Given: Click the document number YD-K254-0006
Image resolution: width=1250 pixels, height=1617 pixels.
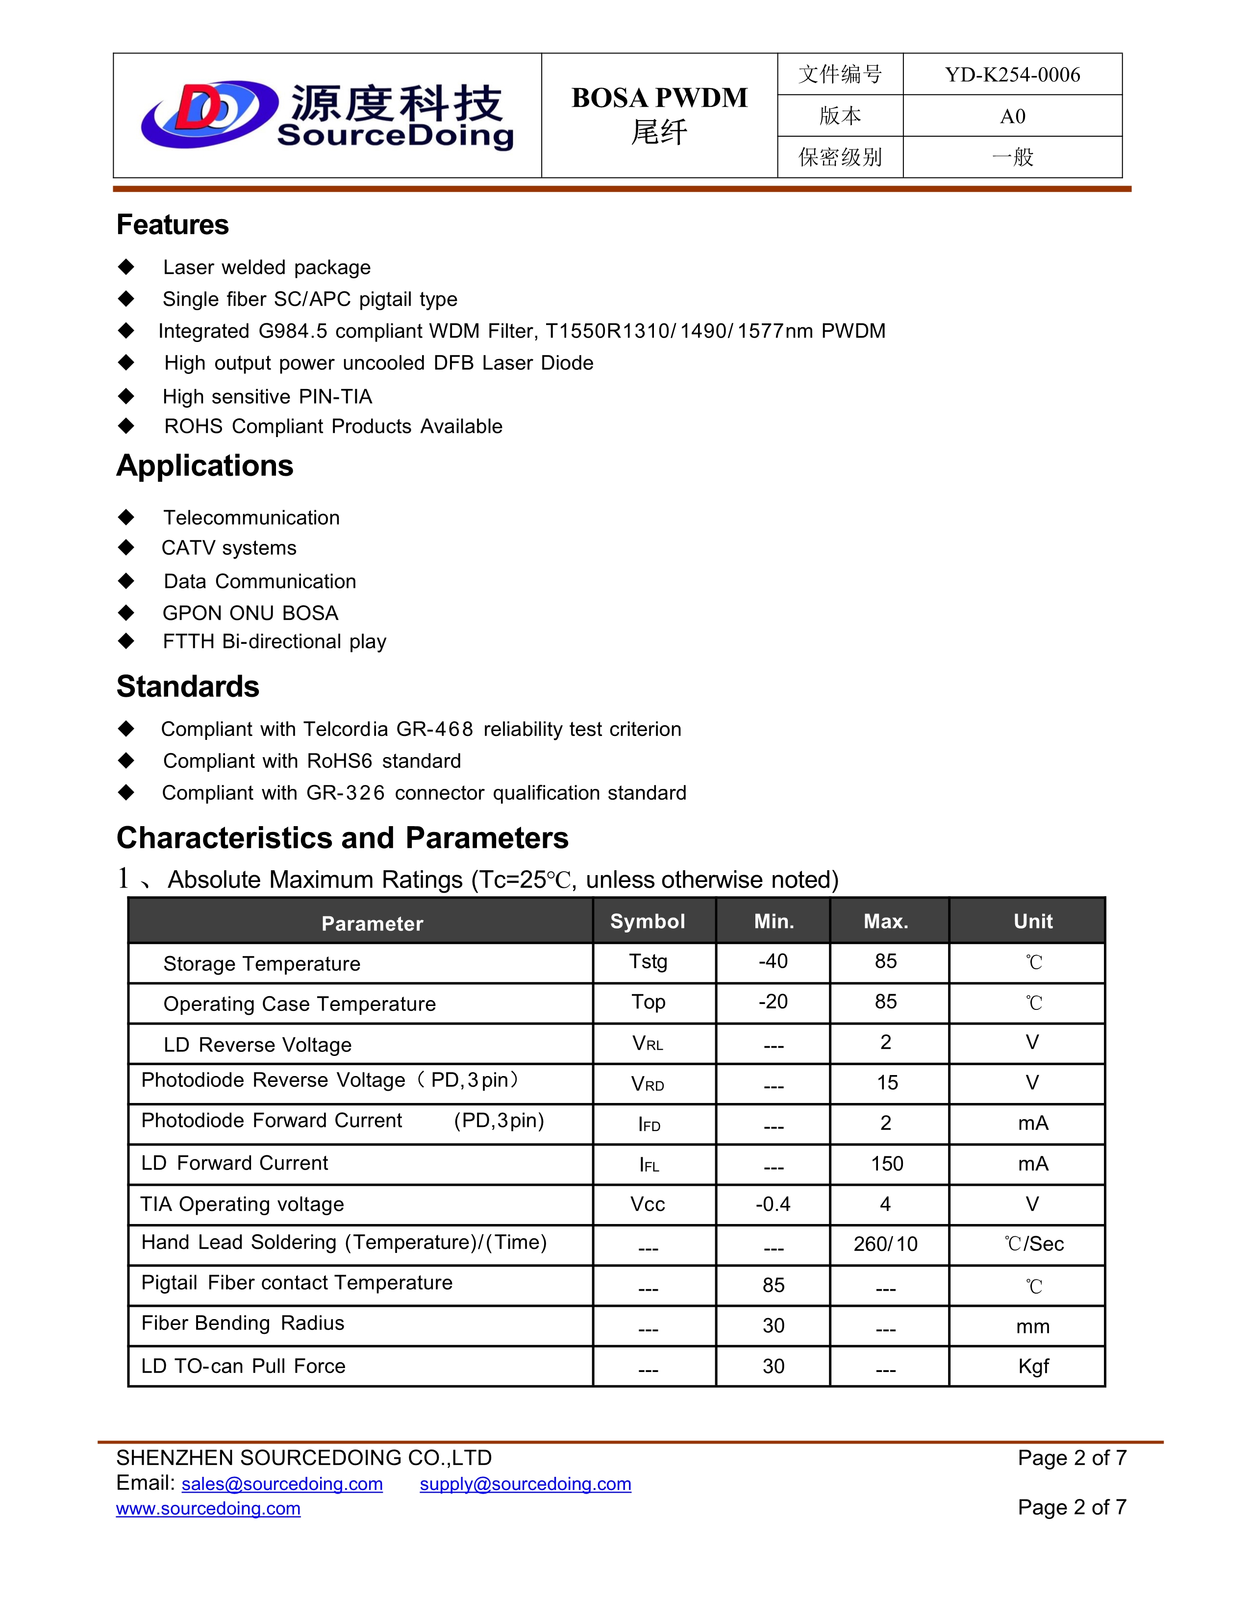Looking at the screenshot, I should point(1012,75).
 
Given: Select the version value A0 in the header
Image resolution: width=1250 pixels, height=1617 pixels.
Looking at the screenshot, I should point(1012,116).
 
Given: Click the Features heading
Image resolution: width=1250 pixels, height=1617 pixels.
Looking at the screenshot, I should point(173,225).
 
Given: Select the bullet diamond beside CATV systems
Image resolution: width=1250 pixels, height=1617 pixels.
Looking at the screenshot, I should point(126,548).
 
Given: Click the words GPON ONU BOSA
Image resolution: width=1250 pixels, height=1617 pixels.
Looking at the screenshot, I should point(250,613).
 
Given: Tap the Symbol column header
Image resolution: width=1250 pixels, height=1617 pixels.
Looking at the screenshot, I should point(647,921).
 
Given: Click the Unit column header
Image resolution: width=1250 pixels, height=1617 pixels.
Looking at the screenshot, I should point(1032,921).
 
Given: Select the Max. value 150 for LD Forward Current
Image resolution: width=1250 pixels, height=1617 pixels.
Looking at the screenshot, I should point(886,1164).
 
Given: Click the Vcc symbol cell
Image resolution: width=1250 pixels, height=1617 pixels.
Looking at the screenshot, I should point(647,1204).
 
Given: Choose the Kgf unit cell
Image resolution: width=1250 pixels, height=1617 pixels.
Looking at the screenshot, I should point(1033,1366).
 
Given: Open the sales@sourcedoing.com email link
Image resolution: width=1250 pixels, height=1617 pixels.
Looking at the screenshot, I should point(282,1484).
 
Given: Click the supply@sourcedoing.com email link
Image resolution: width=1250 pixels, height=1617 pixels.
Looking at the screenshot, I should point(525,1484).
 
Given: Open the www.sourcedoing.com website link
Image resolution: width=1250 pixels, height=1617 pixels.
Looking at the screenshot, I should point(208,1508).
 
